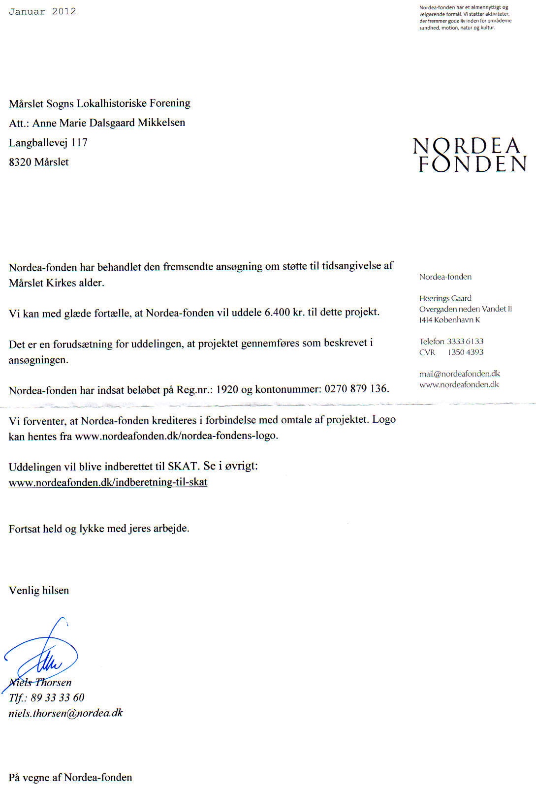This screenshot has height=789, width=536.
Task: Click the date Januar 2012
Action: pos(42,11)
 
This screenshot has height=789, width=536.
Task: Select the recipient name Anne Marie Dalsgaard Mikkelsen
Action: pos(109,123)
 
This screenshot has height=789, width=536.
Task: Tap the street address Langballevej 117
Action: pos(48,142)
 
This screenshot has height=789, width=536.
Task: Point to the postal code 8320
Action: pos(20,162)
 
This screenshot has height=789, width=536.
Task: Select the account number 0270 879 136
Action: pos(356,388)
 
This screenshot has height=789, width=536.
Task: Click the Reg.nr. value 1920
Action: pos(227,389)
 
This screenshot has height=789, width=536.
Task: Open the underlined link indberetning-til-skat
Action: pos(108,482)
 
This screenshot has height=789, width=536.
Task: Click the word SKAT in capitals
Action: pos(182,466)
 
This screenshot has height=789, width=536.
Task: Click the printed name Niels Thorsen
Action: pos(40,682)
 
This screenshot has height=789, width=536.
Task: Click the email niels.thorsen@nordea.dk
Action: pos(65,713)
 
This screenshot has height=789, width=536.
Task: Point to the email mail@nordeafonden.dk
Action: pos(459,374)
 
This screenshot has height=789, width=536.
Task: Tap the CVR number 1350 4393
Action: pos(465,352)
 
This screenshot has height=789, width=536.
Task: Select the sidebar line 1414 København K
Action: pos(449,319)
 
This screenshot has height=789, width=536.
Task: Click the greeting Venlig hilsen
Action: pos(39,590)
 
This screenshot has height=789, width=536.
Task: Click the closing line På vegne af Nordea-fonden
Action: pos(70,777)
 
